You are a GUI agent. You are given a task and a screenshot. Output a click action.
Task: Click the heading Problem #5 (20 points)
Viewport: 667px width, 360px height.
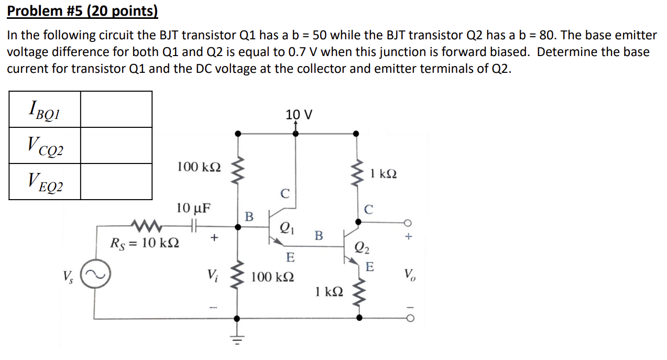tap(82, 11)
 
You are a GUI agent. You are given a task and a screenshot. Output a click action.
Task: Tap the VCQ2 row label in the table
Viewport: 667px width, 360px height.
tap(44, 146)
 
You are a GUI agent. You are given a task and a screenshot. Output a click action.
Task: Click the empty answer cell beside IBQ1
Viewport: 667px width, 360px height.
tap(116, 110)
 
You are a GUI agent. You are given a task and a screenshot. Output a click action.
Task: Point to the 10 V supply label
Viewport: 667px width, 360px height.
tap(299, 114)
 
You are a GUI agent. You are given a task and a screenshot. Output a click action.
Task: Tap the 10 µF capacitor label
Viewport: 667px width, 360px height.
tap(193, 208)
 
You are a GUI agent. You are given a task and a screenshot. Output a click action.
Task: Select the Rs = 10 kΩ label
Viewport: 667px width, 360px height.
tap(145, 244)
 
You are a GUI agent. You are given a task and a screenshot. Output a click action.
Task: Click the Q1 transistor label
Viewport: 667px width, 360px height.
tap(287, 227)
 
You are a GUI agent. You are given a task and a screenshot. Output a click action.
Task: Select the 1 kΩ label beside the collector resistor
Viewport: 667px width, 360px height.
tap(384, 173)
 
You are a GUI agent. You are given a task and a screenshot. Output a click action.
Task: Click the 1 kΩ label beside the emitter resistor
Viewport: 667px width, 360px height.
tap(329, 291)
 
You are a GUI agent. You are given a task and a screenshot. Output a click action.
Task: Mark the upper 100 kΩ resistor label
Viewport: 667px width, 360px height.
tap(199, 167)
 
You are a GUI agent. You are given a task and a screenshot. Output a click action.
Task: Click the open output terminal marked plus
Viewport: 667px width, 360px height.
tap(409, 221)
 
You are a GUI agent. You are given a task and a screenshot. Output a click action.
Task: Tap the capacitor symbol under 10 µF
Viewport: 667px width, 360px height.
tap(193, 227)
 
